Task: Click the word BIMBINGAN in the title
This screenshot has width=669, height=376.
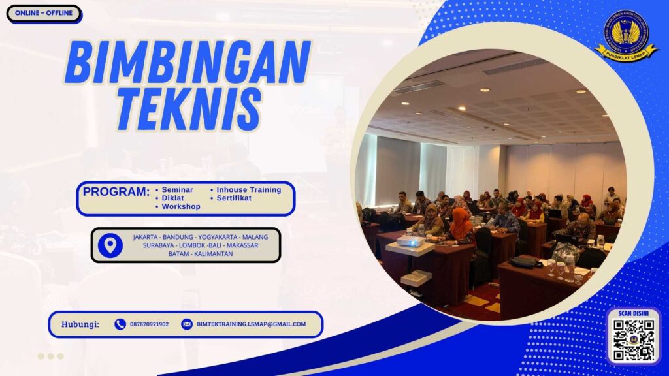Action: (x=188, y=63)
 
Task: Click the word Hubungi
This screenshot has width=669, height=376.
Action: (x=80, y=324)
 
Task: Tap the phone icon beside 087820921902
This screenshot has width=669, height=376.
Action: (x=120, y=324)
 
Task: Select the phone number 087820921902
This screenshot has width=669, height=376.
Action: (x=150, y=324)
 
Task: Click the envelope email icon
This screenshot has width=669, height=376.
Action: (x=187, y=324)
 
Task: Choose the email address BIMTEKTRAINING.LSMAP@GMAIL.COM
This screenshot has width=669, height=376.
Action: (x=251, y=324)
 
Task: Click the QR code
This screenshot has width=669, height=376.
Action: (x=634, y=339)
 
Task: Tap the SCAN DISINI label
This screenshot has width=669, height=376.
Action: (x=634, y=313)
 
